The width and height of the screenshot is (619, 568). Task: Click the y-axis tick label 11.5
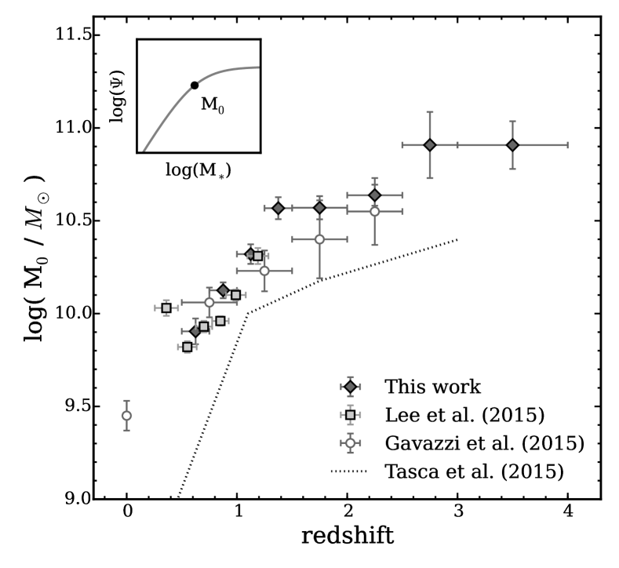point(67,36)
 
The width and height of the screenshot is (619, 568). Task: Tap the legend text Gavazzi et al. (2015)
point(483,442)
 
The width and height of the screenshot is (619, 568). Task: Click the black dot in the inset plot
point(194,85)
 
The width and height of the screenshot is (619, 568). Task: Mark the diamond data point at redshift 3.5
point(512,144)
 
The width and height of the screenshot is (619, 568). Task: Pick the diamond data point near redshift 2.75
point(429,144)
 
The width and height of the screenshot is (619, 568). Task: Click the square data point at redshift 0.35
point(166,308)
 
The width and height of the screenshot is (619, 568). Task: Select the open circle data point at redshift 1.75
point(319,238)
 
